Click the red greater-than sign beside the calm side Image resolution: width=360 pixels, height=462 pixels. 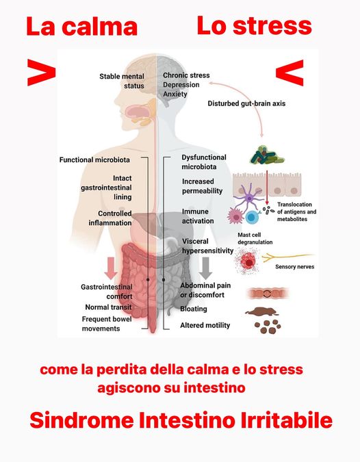[41, 73]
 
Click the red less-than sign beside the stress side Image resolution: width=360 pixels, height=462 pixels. [290, 73]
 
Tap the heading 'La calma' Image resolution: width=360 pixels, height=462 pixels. [82, 27]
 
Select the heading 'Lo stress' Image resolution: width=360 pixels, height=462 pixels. [254, 25]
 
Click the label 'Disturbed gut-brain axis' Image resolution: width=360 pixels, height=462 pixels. [246, 103]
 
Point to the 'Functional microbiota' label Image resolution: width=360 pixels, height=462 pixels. [94, 159]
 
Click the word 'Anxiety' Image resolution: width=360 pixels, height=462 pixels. [175, 94]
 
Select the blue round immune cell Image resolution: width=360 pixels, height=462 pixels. [252, 218]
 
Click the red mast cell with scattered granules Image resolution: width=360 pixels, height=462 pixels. [248, 260]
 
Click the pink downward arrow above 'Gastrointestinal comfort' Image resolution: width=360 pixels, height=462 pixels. [111, 268]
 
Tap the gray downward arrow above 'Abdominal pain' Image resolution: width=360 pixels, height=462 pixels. [205, 268]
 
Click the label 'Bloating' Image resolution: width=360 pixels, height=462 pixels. [194, 309]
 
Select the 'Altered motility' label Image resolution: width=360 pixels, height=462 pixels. [205, 325]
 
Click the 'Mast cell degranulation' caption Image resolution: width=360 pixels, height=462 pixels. [255, 238]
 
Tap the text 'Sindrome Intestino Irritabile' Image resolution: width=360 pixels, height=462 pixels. [181, 420]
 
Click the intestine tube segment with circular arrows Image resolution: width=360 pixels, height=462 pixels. [267, 294]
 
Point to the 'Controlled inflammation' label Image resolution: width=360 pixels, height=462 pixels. [110, 218]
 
